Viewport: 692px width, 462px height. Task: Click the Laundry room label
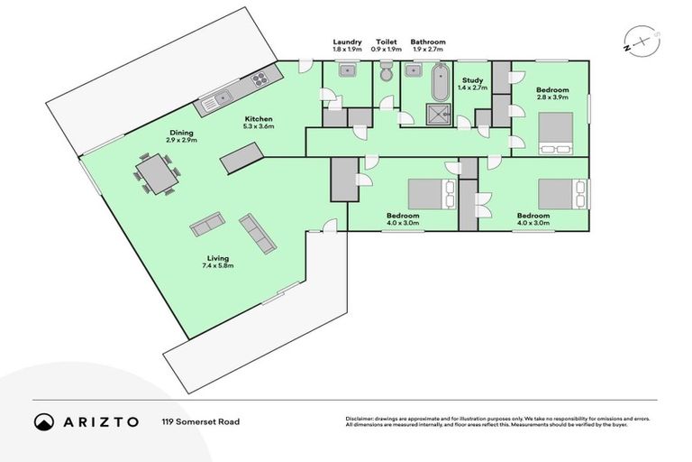click(x=347, y=42)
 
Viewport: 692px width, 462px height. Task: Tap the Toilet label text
click(x=386, y=42)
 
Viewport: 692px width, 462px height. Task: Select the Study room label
click(x=472, y=80)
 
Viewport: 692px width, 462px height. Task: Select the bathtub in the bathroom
click(x=440, y=82)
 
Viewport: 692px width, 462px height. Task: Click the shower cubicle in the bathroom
click(x=440, y=115)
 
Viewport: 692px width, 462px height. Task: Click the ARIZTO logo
click(x=86, y=421)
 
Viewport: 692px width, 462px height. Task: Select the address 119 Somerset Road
click(x=200, y=421)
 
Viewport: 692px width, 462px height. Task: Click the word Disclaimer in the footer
click(x=361, y=419)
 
